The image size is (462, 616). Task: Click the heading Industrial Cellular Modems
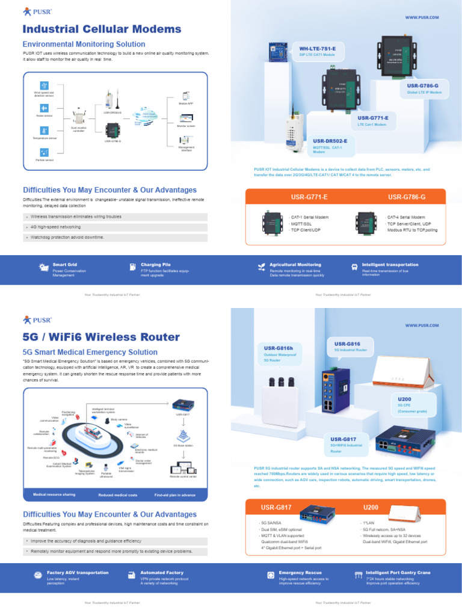(102, 29)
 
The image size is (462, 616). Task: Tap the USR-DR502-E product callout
(330, 145)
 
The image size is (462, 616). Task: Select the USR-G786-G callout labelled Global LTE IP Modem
(424, 89)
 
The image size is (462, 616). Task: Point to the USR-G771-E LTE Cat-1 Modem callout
(374, 120)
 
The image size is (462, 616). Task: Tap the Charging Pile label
(155, 264)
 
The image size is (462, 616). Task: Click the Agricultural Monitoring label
(295, 264)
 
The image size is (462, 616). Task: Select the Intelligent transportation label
(390, 264)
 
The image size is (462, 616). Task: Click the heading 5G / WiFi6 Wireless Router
(101, 337)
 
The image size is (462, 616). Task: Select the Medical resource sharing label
(54, 494)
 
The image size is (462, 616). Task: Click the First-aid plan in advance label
(174, 494)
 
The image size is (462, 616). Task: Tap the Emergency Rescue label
(300, 572)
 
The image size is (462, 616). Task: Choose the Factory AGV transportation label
(78, 572)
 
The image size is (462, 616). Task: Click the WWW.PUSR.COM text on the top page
(421, 17)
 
